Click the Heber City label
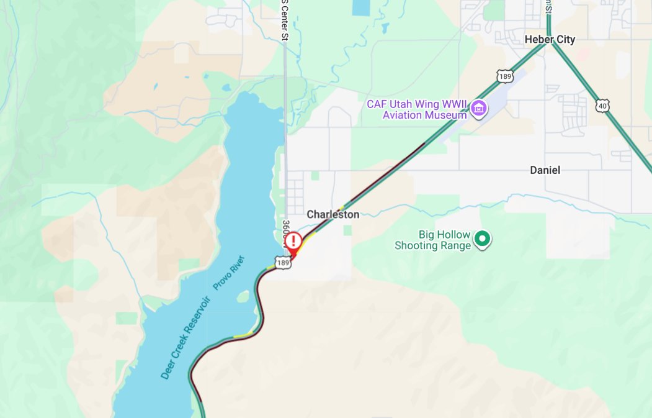pyautogui.click(x=550, y=40)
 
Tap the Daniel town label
pyautogui.click(x=545, y=170)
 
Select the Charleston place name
pyautogui.click(x=333, y=214)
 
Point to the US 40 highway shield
pyautogui.click(x=604, y=106)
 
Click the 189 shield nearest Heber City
pyautogui.click(x=505, y=76)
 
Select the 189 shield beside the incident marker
pyautogui.click(x=284, y=263)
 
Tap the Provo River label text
pyautogui.click(x=229, y=272)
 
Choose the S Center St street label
pyautogui.click(x=285, y=19)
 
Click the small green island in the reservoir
pyautogui.click(x=243, y=297)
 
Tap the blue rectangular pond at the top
pyautogui.click(x=359, y=7)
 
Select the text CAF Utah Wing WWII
pyautogui.click(x=416, y=104)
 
